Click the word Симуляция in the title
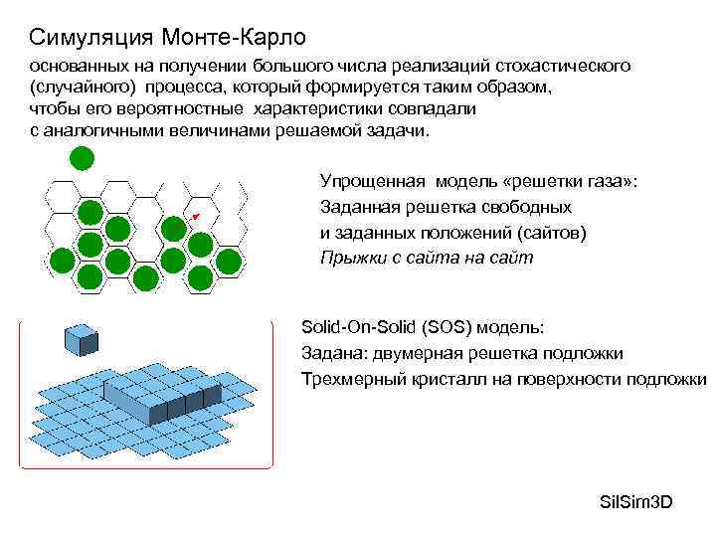[90, 38]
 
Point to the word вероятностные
[189, 108]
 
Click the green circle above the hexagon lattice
[81, 158]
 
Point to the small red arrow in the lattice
[195, 216]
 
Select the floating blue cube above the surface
[81, 340]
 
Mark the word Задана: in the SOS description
[330, 353]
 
